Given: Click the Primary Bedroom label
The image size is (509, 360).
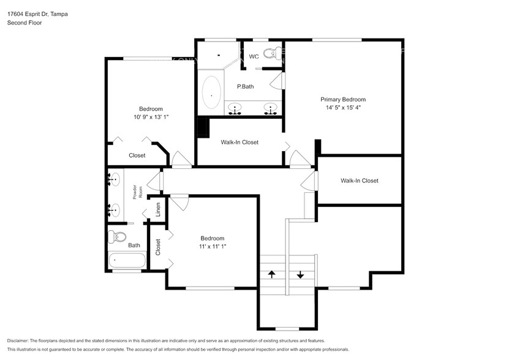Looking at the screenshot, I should (x=343, y=99).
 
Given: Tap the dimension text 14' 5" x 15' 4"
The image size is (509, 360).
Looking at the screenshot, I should (x=343, y=108).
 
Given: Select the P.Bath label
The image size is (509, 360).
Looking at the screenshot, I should (x=245, y=86).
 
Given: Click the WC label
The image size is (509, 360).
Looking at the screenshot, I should (x=254, y=56).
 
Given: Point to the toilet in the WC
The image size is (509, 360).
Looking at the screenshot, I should (x=273, y=52).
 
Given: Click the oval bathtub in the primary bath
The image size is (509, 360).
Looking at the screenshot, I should (x=212, y=92).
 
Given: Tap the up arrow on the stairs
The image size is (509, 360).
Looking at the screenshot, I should (x=271, y=274).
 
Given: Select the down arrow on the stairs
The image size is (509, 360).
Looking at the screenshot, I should (x=300, y=274).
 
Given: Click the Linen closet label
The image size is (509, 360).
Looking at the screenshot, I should (x=158, y=209).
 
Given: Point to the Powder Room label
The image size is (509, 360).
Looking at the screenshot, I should (x=137, y=192).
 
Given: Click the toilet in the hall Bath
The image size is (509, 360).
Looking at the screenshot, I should (x=116, y=236).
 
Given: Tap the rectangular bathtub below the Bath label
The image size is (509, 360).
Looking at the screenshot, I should (x=127, y=260).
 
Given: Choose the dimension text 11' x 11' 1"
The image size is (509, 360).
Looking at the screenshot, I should (x=212, y=247).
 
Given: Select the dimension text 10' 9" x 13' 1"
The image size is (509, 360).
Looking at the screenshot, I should (x=150, y=117).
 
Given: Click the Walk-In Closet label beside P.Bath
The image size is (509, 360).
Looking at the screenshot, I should (x=239, y=142).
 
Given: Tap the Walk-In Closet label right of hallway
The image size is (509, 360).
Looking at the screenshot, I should (x=359, y=181).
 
